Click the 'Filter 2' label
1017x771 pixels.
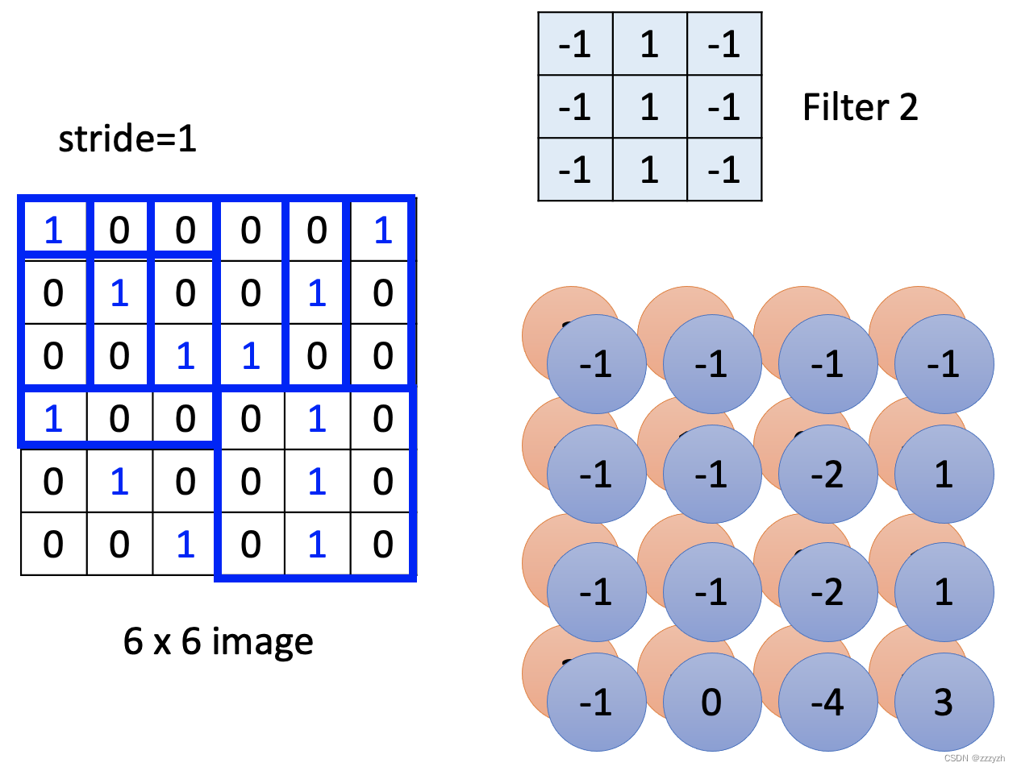point(860,107)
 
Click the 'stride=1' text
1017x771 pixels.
point(127,139)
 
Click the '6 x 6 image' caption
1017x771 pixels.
point(218,641)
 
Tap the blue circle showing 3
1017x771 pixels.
point(944,703)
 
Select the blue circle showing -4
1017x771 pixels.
point(827,703)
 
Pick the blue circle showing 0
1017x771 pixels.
point(711,703)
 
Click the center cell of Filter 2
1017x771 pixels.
point(649,107)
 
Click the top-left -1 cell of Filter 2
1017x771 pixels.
point(575,44)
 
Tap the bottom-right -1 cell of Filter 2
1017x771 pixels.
point(723,170)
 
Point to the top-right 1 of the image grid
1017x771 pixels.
point(383,230)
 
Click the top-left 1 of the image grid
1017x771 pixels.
point(53,230)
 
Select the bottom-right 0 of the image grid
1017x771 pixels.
point(383,545)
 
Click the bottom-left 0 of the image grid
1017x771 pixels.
point(53,545)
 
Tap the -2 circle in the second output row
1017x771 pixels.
point(827,475)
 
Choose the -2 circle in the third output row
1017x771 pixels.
point(827,592)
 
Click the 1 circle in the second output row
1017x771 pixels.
point(944,475)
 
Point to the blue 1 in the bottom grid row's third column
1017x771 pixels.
point(185,545)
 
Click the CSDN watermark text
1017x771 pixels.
point(974,758)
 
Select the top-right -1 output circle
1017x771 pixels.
point(944,364)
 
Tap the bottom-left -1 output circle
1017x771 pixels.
point(596,703)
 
